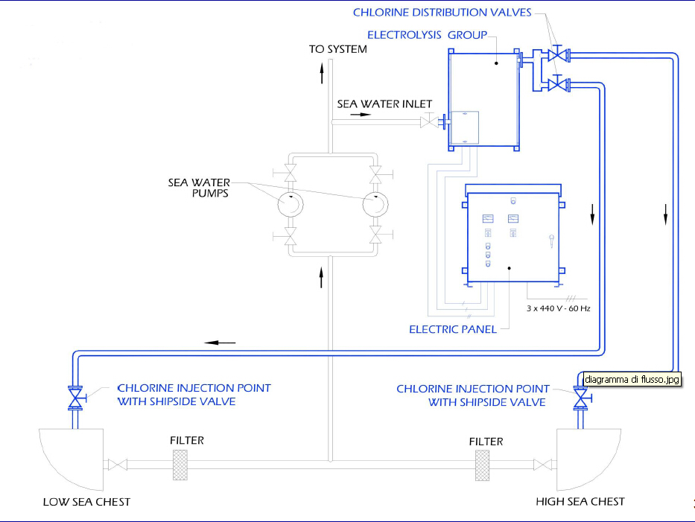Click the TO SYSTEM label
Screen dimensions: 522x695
click(x=338, y=50)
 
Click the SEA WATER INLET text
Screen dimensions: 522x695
click(x=384, y=104)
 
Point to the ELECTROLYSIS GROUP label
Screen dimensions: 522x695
click(x=427, y=35)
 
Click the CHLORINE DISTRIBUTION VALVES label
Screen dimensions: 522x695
click(x=442, y=13)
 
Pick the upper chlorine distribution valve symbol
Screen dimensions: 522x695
click(x=556, y=55)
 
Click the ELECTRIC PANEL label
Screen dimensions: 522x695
click(x=453, y=329)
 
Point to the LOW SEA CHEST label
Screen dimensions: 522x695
click(x=86, y=502)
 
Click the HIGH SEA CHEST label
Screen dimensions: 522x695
click(x=580, y=502)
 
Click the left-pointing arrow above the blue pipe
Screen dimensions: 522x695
click(x=220, y=343)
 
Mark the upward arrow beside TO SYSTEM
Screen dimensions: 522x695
click(x=322, y=72)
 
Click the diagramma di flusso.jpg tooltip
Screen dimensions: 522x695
click(x=631, y=379)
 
